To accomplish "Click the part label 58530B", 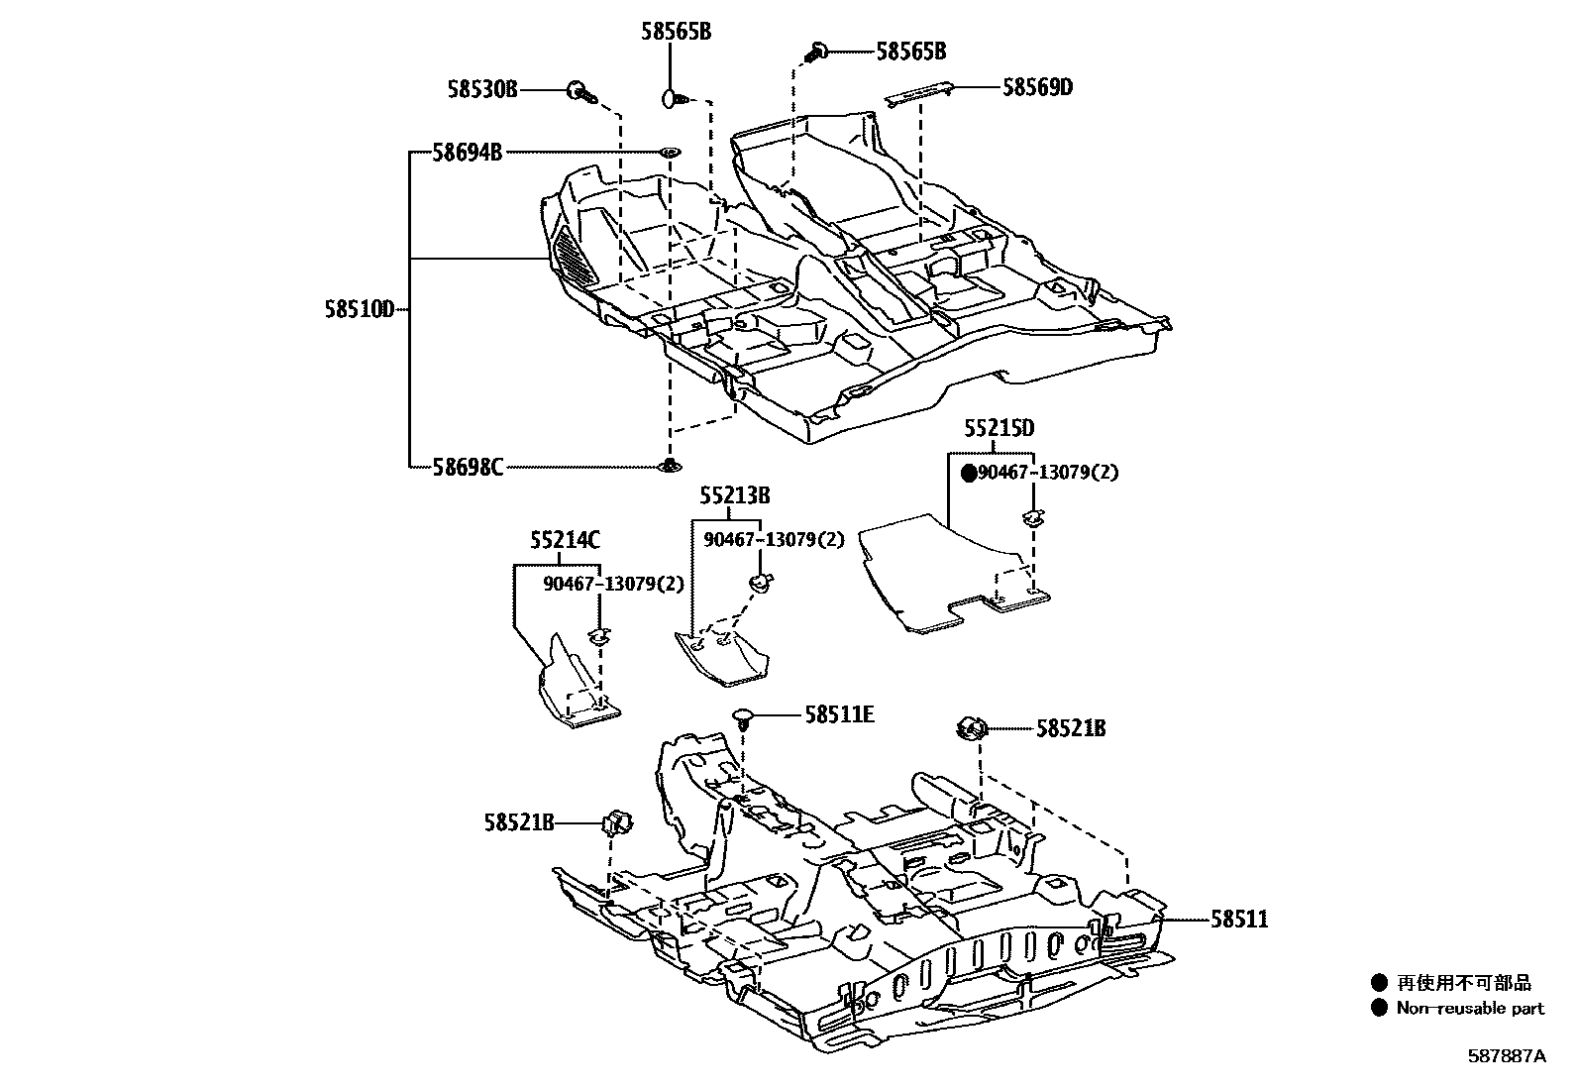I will point(481,90).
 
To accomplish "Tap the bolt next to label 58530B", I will point(579,92).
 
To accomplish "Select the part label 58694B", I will point(467,153).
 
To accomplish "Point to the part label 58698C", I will point(467,466).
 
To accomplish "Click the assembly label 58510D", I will point(359,309).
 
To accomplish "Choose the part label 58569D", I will point(1037,87).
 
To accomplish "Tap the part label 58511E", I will point(839,713).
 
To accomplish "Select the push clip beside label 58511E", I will point(744,716).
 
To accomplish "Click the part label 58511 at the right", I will point(1238,920).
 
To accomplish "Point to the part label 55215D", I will point(999,428).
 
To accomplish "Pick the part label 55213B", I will point(734,495).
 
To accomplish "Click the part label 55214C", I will point(565,540).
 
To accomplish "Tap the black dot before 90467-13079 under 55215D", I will point(970,474).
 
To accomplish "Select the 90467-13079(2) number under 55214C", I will point(613,584).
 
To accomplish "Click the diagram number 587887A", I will point(1506,1056).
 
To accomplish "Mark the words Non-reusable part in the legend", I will point(1470,1009).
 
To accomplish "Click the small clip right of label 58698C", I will point(670,465).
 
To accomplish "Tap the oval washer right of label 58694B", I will point(670,152).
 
